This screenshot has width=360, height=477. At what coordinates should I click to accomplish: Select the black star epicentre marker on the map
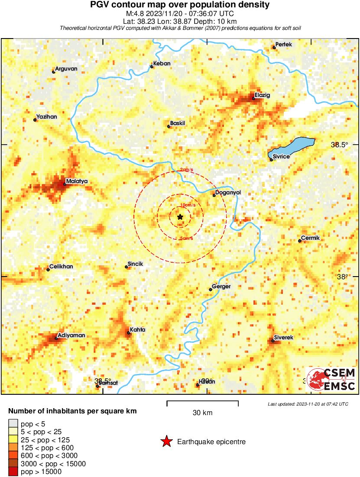tap(180, 216)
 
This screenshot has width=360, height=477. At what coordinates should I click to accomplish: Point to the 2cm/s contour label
tap(187, 169)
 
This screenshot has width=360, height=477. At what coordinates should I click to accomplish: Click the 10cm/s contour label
tap(188, 205)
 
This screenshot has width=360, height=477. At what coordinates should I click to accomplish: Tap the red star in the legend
tap(166, 442)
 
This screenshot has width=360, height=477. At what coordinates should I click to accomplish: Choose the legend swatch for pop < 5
tap(13, 424)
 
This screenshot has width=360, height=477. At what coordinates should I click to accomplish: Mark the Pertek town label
tap(284, 45)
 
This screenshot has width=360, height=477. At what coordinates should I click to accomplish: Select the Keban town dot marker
tap(152, 66)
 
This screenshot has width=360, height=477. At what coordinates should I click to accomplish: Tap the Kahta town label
tap(137, 330)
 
